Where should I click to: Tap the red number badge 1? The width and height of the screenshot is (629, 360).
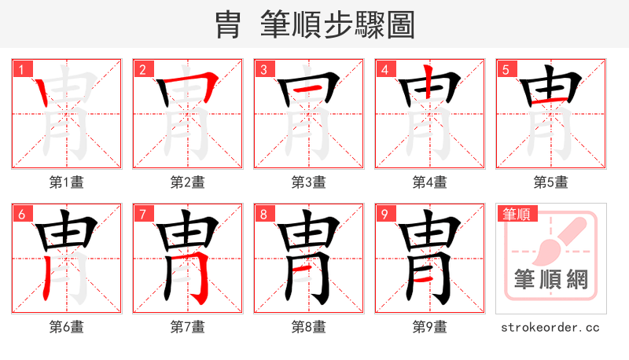point(21,69)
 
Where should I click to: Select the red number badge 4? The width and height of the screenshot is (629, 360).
point(384,69)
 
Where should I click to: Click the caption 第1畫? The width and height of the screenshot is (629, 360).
point(67,182)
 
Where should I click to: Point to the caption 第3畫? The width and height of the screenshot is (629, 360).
point(309,182)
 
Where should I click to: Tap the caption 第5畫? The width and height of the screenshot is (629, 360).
point(551,182)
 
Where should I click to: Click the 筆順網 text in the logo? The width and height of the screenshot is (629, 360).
point(551,280)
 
